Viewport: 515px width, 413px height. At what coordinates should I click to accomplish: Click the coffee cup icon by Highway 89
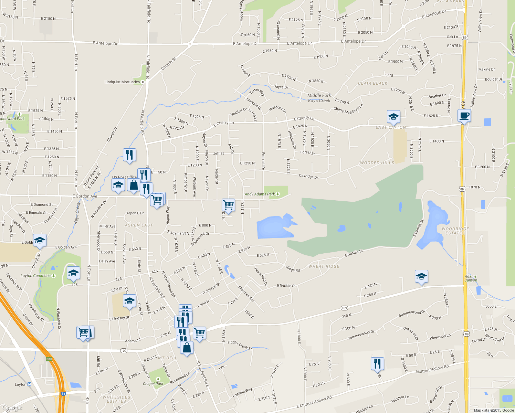click(x=464, y=116)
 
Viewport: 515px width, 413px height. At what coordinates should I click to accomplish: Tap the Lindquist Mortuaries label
click(x=122, y=82)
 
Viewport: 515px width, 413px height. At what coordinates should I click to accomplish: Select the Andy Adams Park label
click(x=260, y=194)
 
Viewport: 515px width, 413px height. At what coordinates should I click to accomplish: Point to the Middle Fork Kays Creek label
click(x=319, y=98)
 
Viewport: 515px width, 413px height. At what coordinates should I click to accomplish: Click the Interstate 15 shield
click(x=63, y=393)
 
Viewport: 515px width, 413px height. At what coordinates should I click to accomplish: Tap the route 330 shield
click(x=49, y=359)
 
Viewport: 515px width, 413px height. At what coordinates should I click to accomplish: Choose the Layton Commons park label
click(x=36, y=276)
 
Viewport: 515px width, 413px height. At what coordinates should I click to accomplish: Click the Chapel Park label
click(x=153, y=384)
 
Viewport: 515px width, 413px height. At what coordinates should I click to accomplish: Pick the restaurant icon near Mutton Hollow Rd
click(x=377, y=363)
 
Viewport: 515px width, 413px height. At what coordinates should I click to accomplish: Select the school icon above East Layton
click(x=393, y=117)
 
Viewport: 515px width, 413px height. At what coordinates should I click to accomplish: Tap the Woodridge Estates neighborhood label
click(x=455, y=231)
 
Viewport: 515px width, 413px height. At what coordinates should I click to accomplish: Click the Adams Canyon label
click(x=471, y=278)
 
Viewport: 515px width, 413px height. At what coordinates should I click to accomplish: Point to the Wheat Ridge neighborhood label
click(x=324, y=266)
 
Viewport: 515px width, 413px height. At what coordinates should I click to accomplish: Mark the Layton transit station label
click(x=21, y=384)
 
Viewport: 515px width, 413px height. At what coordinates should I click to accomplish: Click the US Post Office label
click(x=124, y=177)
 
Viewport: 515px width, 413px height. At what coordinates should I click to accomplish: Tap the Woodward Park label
click(x=12, y=119)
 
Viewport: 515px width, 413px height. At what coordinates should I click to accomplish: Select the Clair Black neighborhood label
click(x=372, y=83)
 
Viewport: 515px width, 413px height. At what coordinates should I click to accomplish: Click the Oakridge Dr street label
click(x=308, y=176)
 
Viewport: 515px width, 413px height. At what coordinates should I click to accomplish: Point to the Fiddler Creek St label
click(x=240, y=345)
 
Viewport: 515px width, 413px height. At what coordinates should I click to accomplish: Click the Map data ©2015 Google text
click(x=494, y=410)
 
